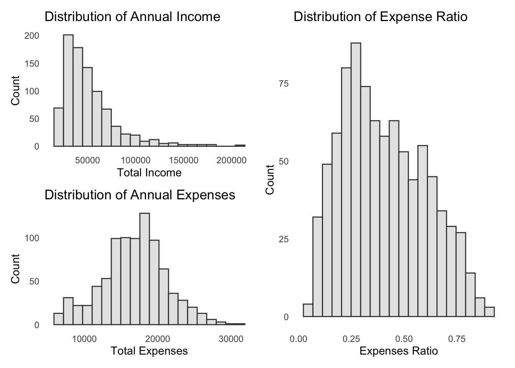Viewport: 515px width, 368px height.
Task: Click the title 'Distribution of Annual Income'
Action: pos(133,17)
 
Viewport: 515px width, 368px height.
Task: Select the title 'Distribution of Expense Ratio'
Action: pos(381,17)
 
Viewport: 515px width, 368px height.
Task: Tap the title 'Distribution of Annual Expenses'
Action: pos(140,195)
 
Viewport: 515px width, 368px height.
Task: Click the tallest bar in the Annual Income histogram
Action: pos(68,90)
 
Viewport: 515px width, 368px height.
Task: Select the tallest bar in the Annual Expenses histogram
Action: pos(144,269)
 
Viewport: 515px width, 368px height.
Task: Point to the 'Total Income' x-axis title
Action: pos(149,172)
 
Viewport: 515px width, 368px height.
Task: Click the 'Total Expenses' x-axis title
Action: pos(149,351)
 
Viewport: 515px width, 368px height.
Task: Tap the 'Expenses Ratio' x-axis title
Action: pos(399,351)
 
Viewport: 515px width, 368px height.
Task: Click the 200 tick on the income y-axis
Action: pos(32,36)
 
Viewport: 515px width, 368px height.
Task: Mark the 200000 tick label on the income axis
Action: pos(231,160)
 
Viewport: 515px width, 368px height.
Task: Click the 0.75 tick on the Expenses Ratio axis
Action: pos(456,339)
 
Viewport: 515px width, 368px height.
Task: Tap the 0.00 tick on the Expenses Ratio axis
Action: pos(298,339)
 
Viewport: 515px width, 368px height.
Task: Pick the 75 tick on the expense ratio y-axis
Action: pos(283,84)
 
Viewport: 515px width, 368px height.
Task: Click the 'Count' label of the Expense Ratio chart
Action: pos(270,179)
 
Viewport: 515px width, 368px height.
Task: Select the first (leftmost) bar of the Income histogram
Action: pos(59,127)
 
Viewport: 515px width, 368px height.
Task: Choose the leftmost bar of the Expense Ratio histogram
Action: pos(308,310)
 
